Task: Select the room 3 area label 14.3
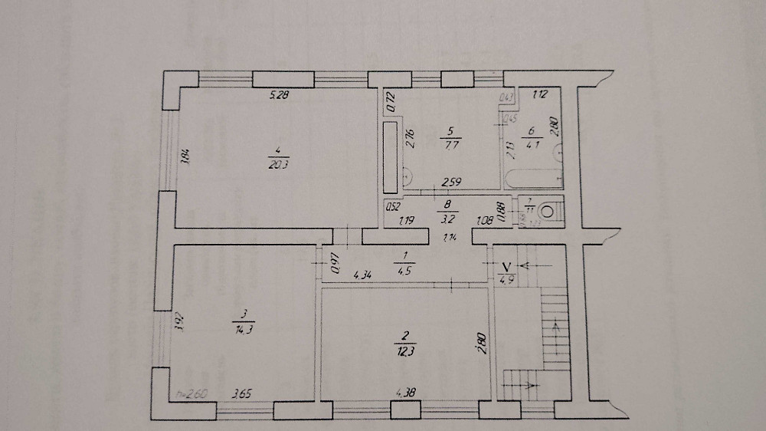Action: click(x=244, y=329)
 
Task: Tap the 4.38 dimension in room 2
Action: click(x=406, y=394)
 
